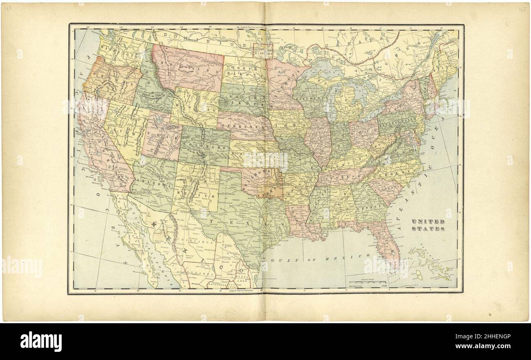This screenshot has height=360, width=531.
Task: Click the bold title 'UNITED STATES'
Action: [428, 225]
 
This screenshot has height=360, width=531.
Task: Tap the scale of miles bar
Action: [367, 282]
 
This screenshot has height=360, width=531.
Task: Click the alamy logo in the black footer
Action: [41, 341]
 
